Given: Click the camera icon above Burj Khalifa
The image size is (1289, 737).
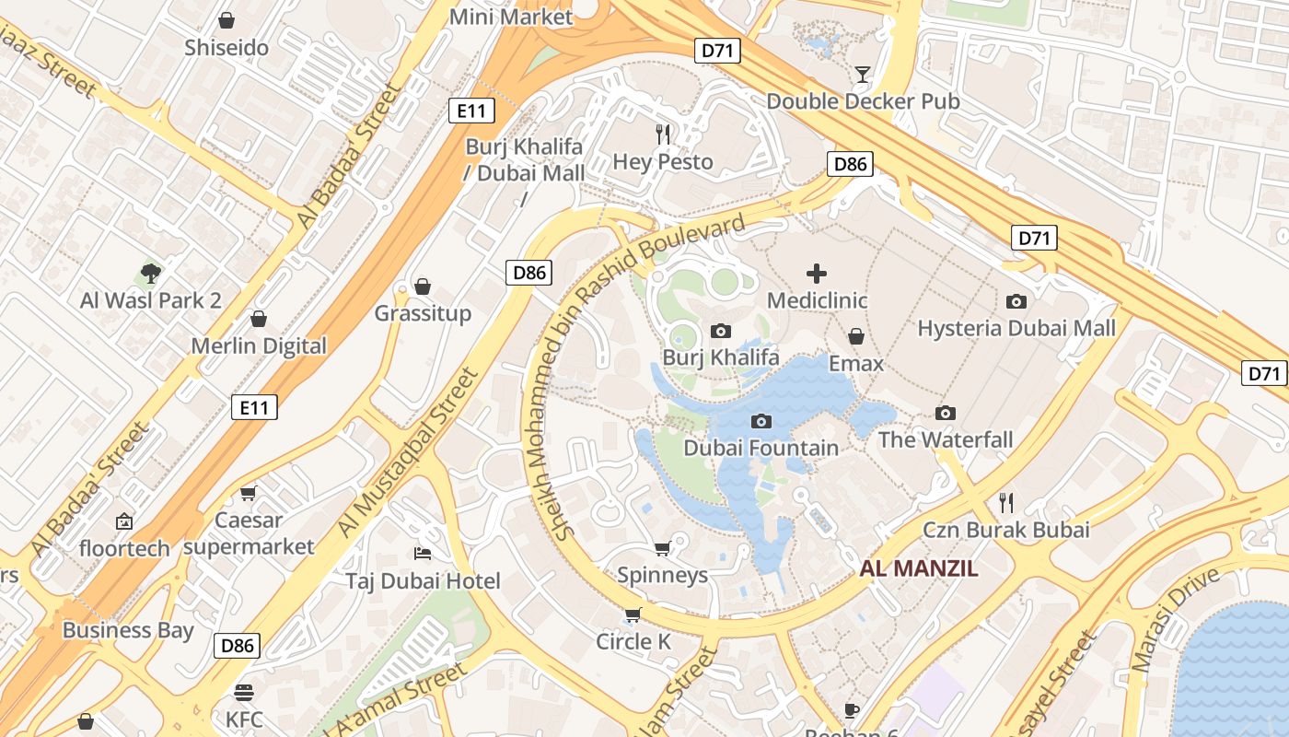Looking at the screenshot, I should [x=721, y=331].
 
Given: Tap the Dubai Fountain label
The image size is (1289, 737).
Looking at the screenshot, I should [x=761, y=448].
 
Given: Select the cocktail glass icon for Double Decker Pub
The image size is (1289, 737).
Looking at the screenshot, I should [x=863, y=75].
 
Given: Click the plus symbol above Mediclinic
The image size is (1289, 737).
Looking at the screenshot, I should [x=816, y=273].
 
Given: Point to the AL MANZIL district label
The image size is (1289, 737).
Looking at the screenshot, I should [x=919, y=568].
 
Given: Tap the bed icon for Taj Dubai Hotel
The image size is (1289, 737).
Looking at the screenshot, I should [x=423, y=553].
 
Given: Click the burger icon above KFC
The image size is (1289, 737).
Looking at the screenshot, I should [x=244, y=691].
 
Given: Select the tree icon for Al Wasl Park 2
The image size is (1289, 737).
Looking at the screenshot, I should [x=151, y=273].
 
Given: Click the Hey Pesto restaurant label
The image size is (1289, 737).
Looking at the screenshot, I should [x=663, y=162].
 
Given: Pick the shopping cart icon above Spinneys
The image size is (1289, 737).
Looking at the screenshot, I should [x=662, y=549].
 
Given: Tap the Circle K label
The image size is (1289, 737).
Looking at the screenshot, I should [x=633, y=641].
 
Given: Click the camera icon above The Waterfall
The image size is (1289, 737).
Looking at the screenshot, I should [x=945, y=413].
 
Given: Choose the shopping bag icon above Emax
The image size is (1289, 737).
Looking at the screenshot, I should [x=856, y=336].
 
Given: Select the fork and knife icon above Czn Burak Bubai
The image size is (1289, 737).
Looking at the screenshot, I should [x=1006, y=502].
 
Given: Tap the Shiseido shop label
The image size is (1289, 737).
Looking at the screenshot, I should [x=226, y=47].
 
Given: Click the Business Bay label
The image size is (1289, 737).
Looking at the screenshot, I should [x=128, y=630].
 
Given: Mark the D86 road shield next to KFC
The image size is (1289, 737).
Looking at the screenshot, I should [x=237, y=646].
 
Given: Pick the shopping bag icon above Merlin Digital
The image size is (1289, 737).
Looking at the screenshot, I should [x=259, y=319].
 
